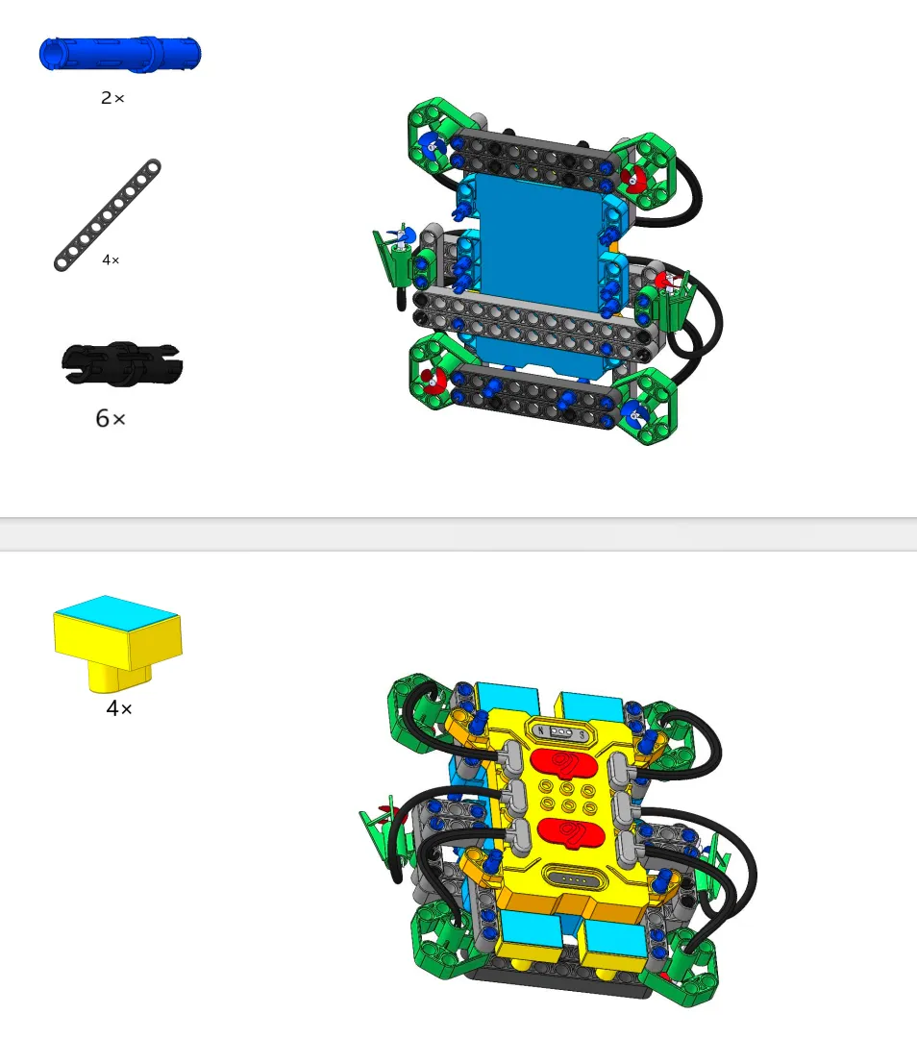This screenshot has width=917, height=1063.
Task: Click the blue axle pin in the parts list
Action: coord(120,54)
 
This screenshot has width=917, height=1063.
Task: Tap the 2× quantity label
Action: coord(112,98)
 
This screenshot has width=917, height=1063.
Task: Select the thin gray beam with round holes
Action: coord(107,215)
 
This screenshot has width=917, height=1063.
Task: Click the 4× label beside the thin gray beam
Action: coord(111,260)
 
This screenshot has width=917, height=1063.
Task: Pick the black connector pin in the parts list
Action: coord(122,364)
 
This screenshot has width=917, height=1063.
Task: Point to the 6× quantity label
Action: coord(111,418)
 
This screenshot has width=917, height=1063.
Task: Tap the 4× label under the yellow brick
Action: coord(119,708)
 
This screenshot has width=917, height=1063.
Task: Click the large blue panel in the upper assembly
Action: coord(539,251)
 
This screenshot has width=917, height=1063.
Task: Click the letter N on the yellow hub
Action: coord(541,730)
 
